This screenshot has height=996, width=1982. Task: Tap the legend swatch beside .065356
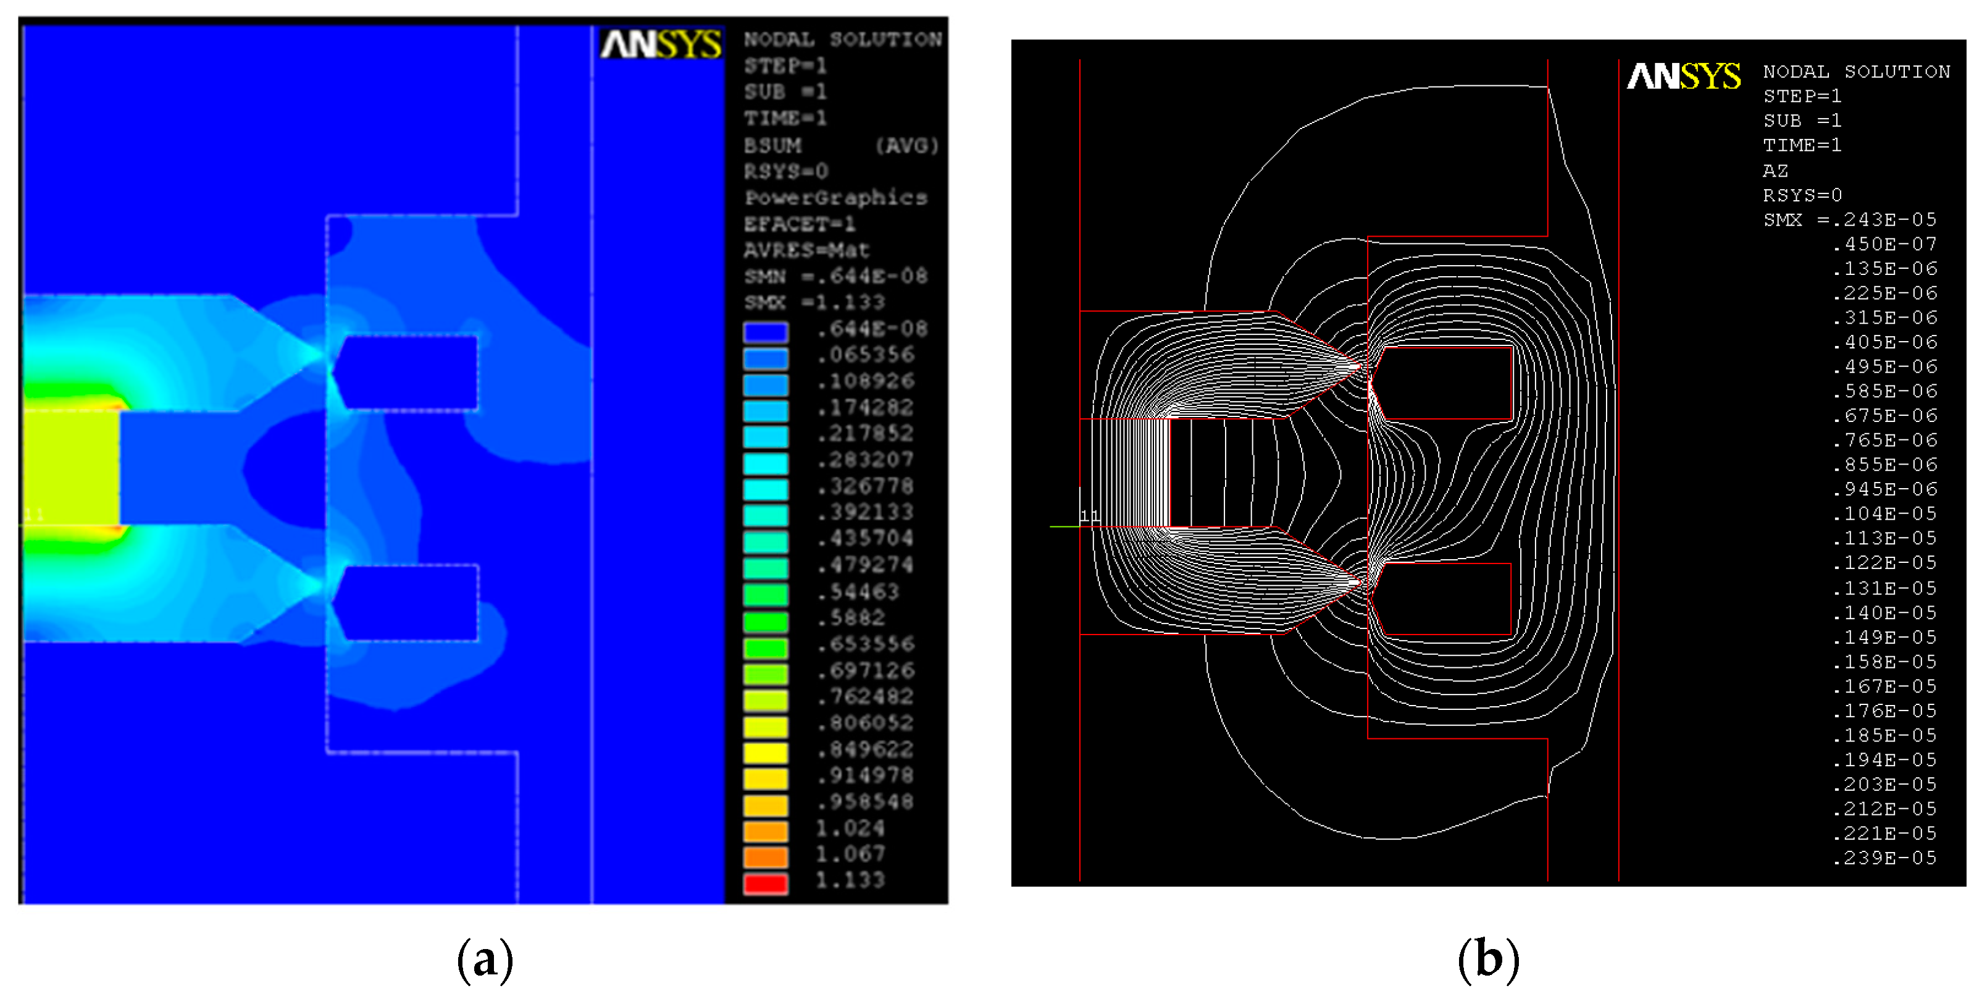[x=765, y=358]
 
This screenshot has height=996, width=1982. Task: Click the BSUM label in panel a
[x=772, y=145]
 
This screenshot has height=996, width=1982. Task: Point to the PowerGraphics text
[x=835, y=198]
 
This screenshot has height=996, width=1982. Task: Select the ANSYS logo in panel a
[x=660, y=44]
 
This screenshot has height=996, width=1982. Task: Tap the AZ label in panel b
[x=1775, y=170]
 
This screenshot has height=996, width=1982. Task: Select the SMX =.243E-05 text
[x=1849, y=219]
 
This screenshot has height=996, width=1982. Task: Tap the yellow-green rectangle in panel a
[x=71, y=468]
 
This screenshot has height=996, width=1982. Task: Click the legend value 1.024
[x=850, y=828]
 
